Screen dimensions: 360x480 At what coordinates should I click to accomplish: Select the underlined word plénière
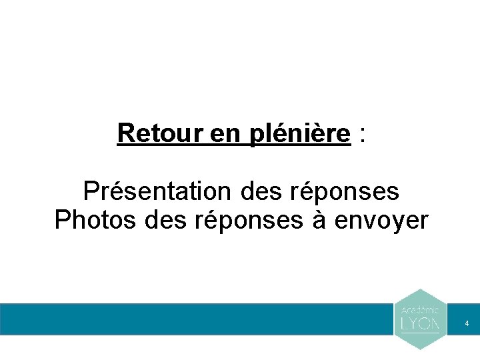(300, 134)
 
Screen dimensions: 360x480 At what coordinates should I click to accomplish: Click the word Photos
(93, 220)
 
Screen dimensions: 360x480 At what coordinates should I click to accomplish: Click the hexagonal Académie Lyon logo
(420, 319)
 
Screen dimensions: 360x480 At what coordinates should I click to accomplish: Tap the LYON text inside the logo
(420, 323)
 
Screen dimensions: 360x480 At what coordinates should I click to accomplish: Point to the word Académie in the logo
(420, 310)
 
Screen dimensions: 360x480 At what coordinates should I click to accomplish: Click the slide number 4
(467, 323)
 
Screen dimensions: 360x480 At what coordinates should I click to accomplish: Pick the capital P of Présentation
(91, 191)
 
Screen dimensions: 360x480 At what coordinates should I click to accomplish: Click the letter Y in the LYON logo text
(414, 323)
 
